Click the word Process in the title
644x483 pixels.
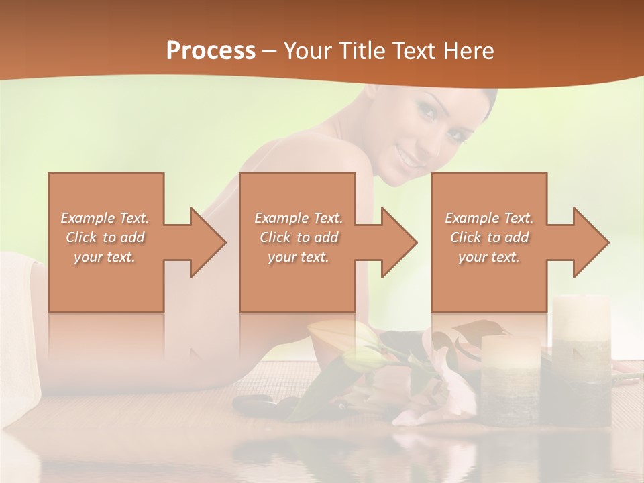[211, 51]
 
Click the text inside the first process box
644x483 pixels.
[105, 237]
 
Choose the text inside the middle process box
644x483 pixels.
[299, 237]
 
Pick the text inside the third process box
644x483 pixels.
[489, 237]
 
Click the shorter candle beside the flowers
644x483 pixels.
[511, 379]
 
